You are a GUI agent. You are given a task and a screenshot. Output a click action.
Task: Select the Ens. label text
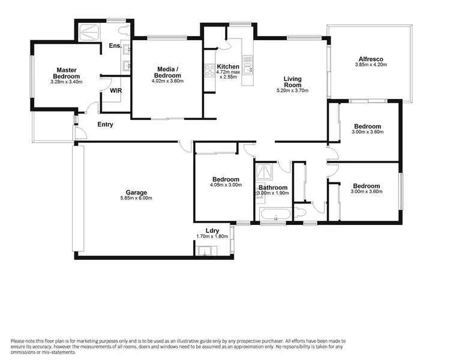[x=115, y=46]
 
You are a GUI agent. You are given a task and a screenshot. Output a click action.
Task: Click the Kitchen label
[x=228, y=67]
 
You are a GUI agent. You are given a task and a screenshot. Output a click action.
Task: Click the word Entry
[x=105, y=125]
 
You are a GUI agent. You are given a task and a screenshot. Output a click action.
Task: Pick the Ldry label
[x=212, y=230]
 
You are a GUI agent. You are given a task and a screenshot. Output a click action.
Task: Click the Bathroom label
[x=274, y=187]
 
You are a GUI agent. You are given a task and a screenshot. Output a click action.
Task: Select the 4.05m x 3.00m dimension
[x=226, y=185]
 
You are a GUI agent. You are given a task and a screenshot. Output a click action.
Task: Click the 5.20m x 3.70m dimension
[x=292, y=91]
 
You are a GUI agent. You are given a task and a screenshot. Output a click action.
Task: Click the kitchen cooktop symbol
[x=210, y=71]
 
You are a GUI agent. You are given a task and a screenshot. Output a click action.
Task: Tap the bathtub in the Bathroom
[x=275, y=214]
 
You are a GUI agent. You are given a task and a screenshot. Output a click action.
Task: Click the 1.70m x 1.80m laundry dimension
[x=212, y=236]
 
